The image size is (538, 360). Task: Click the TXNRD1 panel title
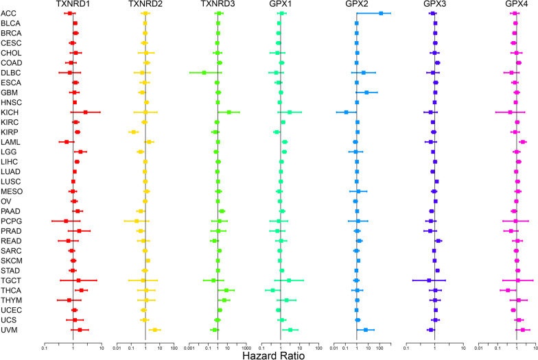pyautogui.click(x=73, y=5)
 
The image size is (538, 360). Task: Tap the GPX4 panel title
pyautogui.click(x=516, y=5)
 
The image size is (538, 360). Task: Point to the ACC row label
pyautogui.click(x=9, y=14)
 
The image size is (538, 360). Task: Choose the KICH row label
pyautogui.click(x=10, y=112)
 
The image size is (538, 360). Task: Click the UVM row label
pyautogui.click(x=10, y=330)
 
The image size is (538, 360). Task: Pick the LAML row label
pyautogui.click(x=10, y=141)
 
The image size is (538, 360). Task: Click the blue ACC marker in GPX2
pyautogui.click(x=382, y=13)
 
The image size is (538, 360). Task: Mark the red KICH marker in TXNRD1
pyautogui.click(x=85, y=112)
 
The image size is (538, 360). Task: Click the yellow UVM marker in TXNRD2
pyautogui.click(x=155, y=330)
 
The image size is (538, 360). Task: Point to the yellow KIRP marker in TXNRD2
pyautogui.click(x=133, y=132)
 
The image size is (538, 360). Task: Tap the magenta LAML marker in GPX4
pyautogui.click(x=522, y=142)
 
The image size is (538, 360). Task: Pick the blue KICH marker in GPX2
pyautogui.click(x=346, y=112)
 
